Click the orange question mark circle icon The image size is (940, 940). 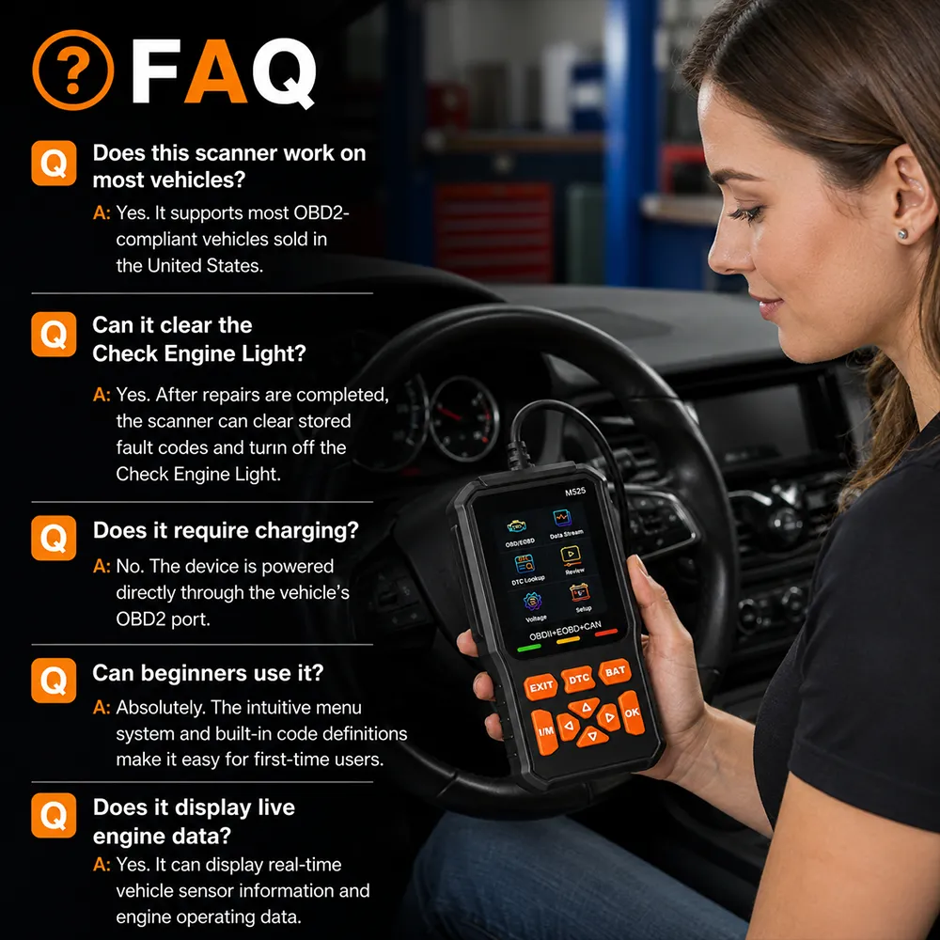72,70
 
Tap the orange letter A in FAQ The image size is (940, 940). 217,72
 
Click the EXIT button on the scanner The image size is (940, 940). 540,686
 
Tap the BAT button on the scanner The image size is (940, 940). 615,672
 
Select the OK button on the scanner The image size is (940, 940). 632,713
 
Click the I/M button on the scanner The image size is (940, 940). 545,731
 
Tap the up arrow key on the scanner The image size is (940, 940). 585,708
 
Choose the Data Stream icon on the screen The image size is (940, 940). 563,519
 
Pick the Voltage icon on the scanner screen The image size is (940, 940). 533,602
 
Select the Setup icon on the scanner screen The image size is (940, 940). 579,593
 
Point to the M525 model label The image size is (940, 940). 575,492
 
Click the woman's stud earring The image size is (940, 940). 901,234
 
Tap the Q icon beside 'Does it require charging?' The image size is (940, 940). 54,538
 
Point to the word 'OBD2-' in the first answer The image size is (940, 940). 321,212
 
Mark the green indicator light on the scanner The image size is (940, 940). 528,648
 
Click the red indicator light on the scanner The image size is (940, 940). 606,632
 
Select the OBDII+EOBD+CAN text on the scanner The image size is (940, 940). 565,631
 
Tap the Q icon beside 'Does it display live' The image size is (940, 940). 54,815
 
